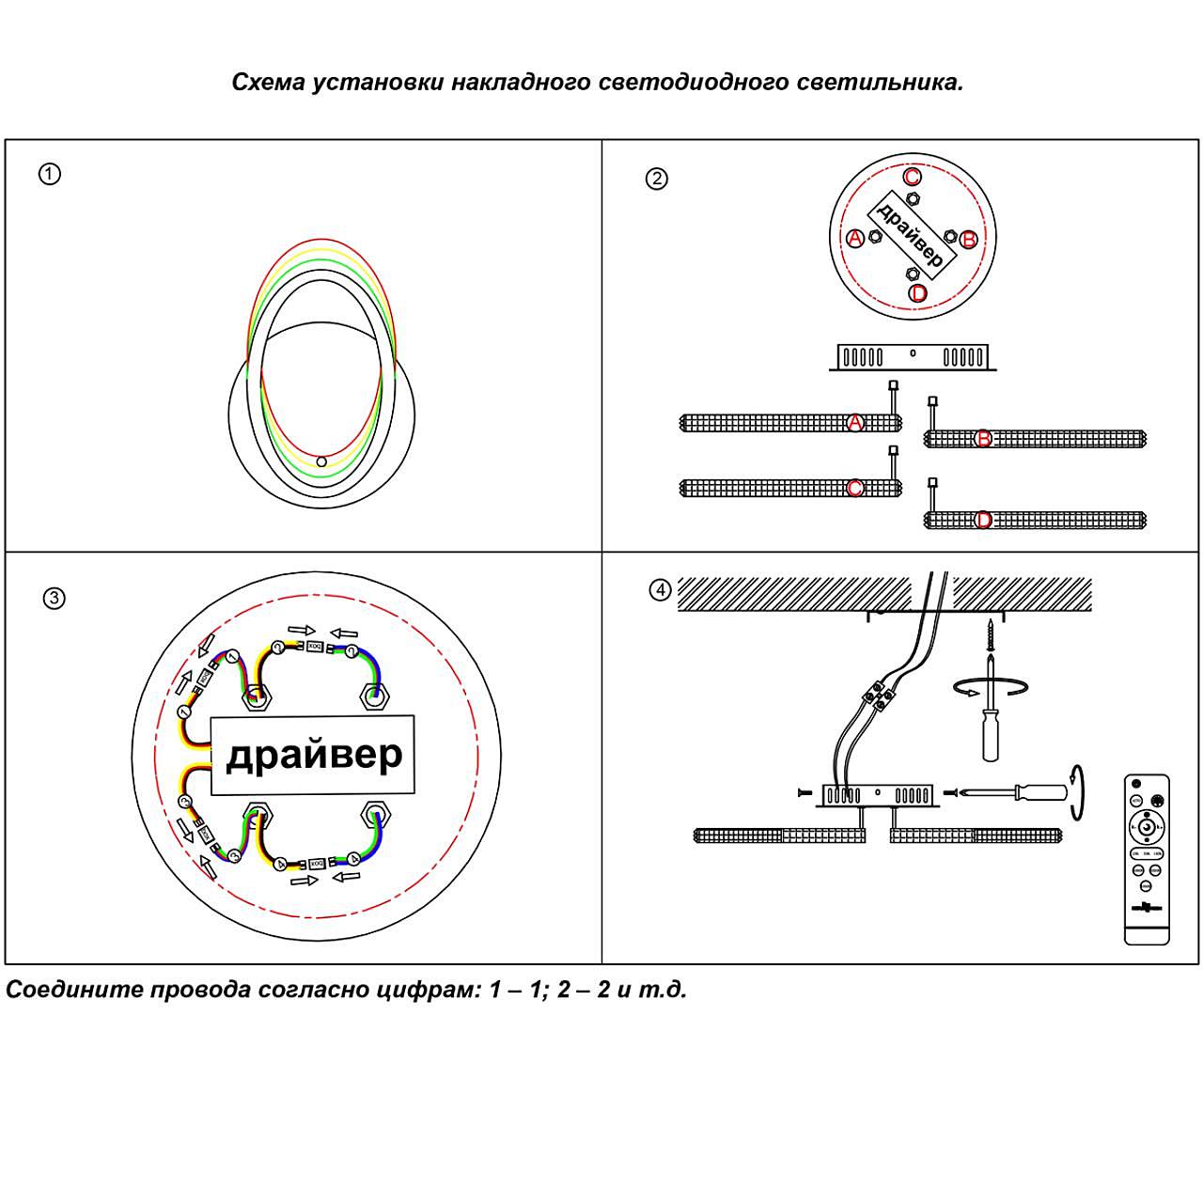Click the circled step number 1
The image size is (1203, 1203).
click(x=50, y=174)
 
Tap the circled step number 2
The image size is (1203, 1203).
click(x=656, y=179)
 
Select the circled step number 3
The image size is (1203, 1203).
click(x=55, y=598)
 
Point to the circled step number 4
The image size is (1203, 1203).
click(x=661, y=590)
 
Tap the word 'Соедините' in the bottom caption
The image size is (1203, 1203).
click(x=72, y=990)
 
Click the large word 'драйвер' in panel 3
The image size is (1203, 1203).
click(x=314, y=755)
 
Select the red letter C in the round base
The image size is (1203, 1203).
click(x=912, y=177)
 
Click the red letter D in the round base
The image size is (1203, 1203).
click(x=918, y=293)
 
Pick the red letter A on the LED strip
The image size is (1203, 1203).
click(x=854, y=423)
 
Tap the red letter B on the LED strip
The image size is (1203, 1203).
click(x=983, y=438)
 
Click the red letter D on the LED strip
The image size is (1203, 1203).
click(x=983, y=520)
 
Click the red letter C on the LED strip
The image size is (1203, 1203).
click(x=854, y=488)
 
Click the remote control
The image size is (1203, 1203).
click(x=1147, y=857)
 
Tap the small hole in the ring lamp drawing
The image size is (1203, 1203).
click(x=321, y=461)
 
